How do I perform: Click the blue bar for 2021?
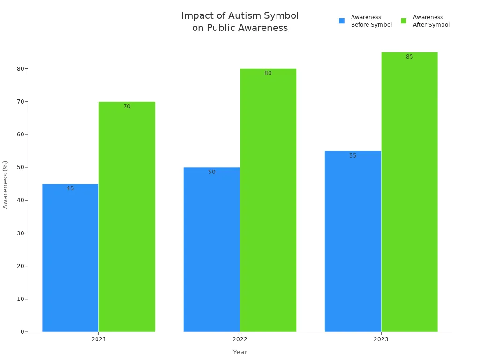70,258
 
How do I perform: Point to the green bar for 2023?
409,192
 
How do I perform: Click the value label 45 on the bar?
70,188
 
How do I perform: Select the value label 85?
410,57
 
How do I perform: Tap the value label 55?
353,156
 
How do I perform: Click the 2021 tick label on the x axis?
98,339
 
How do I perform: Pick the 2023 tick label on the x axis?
381,339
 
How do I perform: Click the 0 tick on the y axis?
22,332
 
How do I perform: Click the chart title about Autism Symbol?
240,22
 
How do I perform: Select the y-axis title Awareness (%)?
6,184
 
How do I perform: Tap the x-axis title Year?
240,352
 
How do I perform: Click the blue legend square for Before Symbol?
342,21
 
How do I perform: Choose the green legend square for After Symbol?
404,21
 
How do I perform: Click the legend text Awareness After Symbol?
431,21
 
